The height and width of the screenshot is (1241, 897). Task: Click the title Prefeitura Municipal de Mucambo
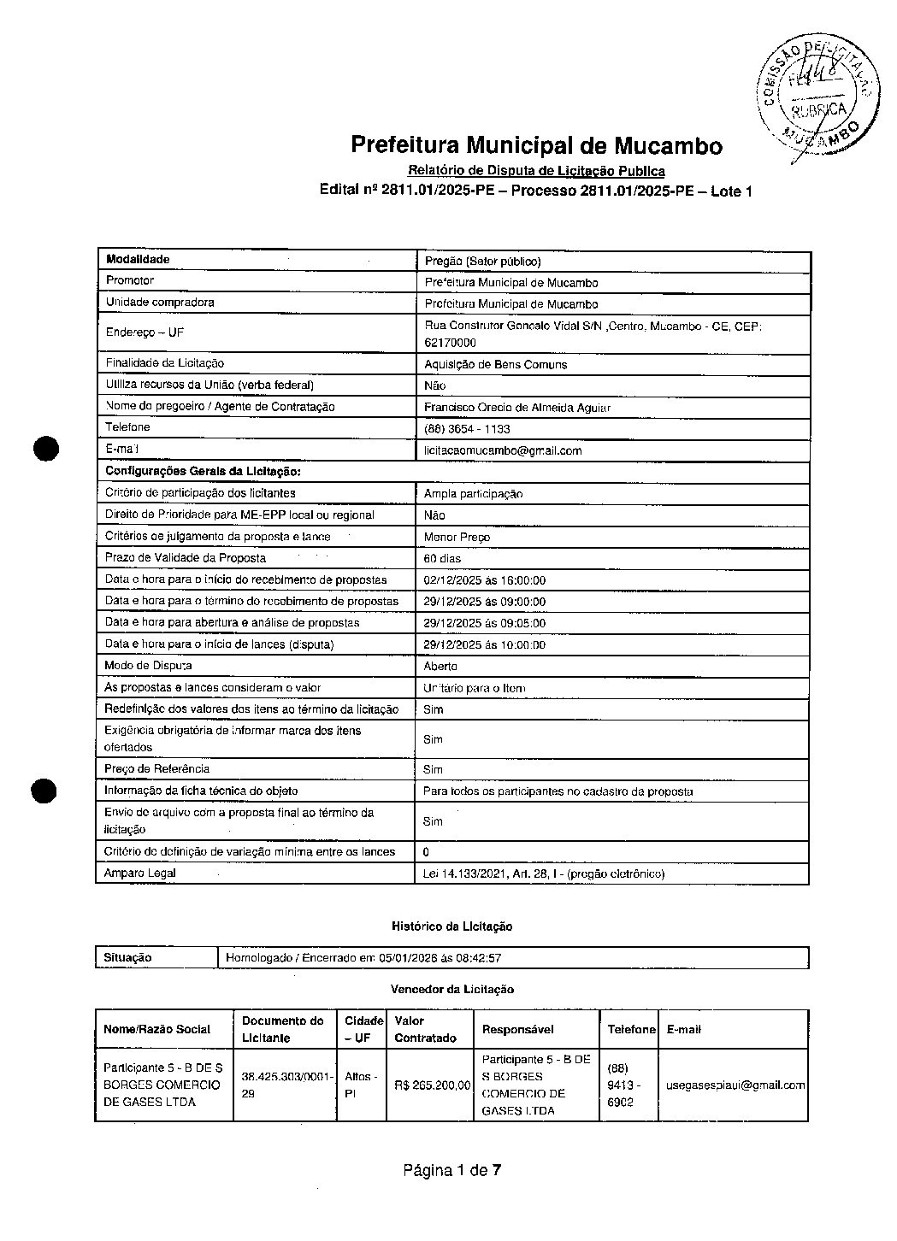[536, 145]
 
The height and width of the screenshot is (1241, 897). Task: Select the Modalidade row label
[138, 260]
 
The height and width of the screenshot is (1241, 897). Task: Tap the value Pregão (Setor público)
[483, 261]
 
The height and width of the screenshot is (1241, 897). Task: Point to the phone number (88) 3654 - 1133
[467, 429]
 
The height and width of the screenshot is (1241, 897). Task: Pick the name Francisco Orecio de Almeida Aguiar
[517, 408]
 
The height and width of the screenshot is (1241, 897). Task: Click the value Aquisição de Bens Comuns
[495, 364]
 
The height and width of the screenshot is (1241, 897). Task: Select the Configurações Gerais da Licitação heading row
[204, 472]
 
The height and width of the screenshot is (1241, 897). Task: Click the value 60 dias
[442, 558]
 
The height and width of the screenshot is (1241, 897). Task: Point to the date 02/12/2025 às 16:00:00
[484, 580]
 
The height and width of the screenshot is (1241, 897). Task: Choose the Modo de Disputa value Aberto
[440, 666]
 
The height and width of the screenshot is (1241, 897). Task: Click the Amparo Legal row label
[140, 873]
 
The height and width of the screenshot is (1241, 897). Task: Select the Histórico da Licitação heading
[451, 926]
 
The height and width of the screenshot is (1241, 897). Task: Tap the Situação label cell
[127, 958]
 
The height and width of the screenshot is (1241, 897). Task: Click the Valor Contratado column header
[425, 1029]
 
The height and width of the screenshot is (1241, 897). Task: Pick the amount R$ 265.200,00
[432, 1085]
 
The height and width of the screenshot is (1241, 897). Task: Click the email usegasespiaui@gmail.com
[735, 1085]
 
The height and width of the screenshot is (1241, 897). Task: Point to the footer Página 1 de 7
[451, 1171]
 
